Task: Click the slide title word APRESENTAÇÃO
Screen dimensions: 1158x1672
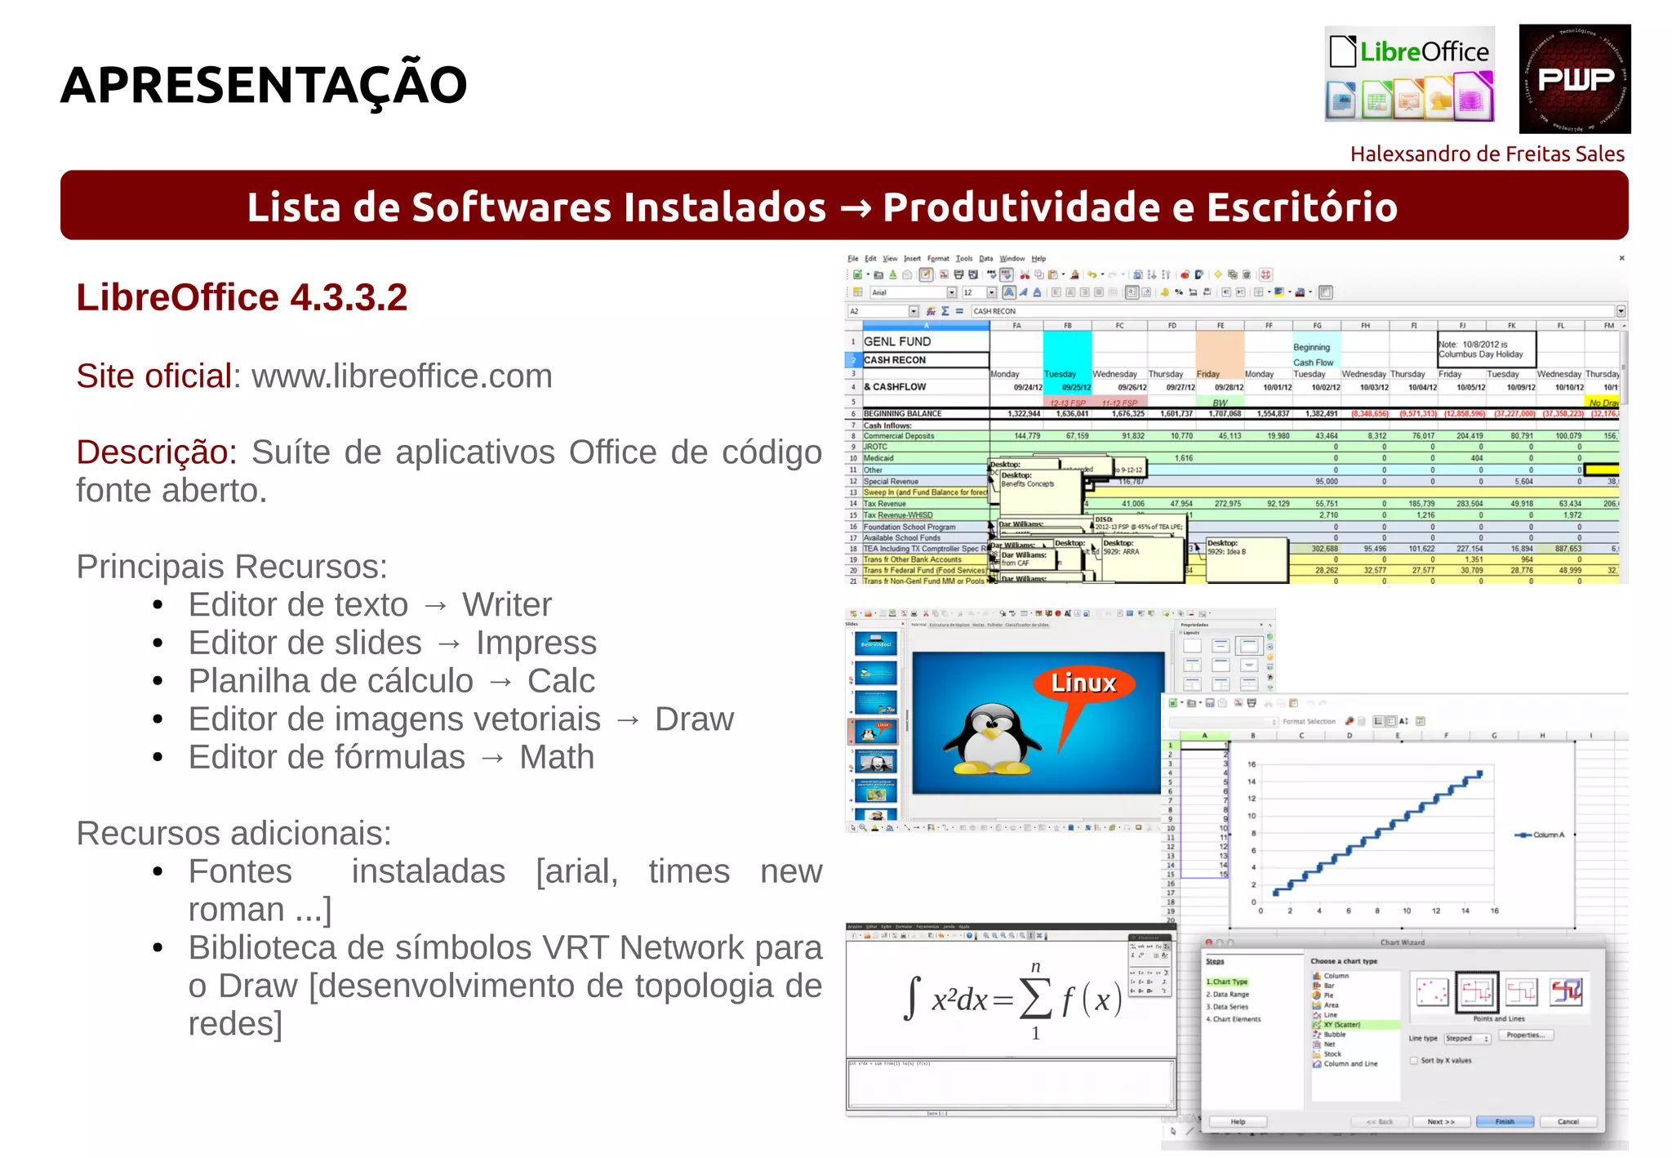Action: [263, 85]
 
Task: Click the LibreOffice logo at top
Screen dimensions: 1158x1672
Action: [1409, 74]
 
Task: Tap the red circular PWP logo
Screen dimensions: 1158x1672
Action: [1574, 79]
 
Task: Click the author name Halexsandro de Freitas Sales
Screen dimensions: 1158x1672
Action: [1487, 154]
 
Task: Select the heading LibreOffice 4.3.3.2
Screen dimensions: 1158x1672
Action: [242, 297]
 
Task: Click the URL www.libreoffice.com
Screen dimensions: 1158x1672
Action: [402, 376]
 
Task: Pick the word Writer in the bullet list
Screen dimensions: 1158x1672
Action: [507, 605]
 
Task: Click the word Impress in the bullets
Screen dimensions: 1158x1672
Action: [536, 644]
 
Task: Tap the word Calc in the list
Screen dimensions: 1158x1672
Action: [561, 681]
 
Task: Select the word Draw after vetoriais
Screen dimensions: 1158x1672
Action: [694, 719]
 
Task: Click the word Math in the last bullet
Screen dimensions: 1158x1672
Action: [557, 758]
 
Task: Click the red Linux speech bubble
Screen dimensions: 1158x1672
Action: [1083, 684]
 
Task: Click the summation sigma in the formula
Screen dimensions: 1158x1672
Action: [1035, 999]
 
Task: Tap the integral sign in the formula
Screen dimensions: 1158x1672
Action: [912, 999]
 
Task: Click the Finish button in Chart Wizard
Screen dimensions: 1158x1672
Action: [1504, 1121]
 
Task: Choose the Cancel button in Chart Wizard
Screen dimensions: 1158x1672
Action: [1567, 1121]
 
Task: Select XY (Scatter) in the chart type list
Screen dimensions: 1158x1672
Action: [1341, 1024]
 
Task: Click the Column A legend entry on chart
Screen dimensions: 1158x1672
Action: [1541, 835]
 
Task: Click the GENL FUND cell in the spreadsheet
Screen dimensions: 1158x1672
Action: [898, 341]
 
